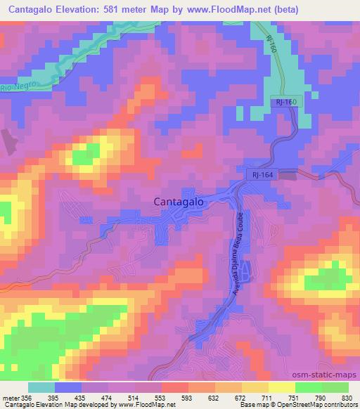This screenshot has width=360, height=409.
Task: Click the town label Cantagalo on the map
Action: click(x=179, y=201)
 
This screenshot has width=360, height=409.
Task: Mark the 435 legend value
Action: click(x=83, y=397)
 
